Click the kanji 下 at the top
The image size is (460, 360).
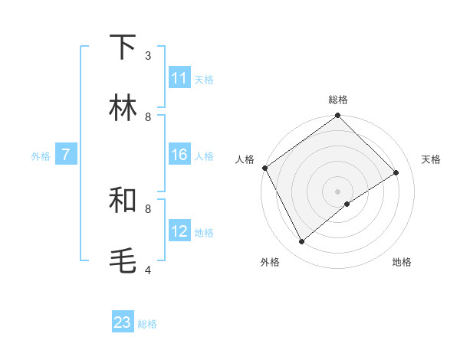point(123,47)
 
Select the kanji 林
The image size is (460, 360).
point(123,109)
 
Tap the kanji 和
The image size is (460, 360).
point(123,201)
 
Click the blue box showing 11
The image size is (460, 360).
point(179,78)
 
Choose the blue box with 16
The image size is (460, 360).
point(179,155)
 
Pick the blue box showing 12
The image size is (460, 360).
point(179,231)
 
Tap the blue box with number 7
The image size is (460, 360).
point(66,155)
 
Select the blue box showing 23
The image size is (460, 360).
point(123,322)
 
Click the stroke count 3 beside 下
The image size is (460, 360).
point(148,55)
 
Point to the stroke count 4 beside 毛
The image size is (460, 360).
point(148,270)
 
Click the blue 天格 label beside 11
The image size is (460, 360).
point(204,79)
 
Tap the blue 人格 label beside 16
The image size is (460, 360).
point(204,155)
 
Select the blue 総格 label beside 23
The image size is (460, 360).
point(147,324)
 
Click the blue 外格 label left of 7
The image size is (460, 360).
point(41,155)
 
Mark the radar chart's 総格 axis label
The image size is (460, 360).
point(338,100)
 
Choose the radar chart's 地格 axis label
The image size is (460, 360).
point(402,262)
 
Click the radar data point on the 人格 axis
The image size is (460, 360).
point(264,168)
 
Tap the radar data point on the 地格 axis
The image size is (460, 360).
point(347,204)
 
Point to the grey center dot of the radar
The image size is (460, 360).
point(338,191)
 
